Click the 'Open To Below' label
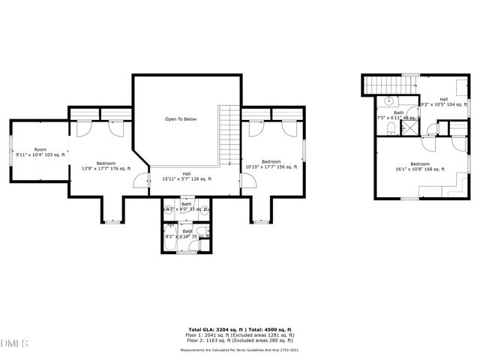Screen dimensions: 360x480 (181, 119)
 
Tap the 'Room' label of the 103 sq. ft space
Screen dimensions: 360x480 (40, 150)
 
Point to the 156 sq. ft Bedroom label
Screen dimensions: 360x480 (271, 162)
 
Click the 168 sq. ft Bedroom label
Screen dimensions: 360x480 (419, 163)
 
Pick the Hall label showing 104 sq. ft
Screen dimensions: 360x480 (443, 99)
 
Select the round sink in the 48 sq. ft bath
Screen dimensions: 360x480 (389, 100)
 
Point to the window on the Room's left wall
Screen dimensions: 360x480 (10, 155)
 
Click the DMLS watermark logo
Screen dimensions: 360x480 (13, 343)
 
